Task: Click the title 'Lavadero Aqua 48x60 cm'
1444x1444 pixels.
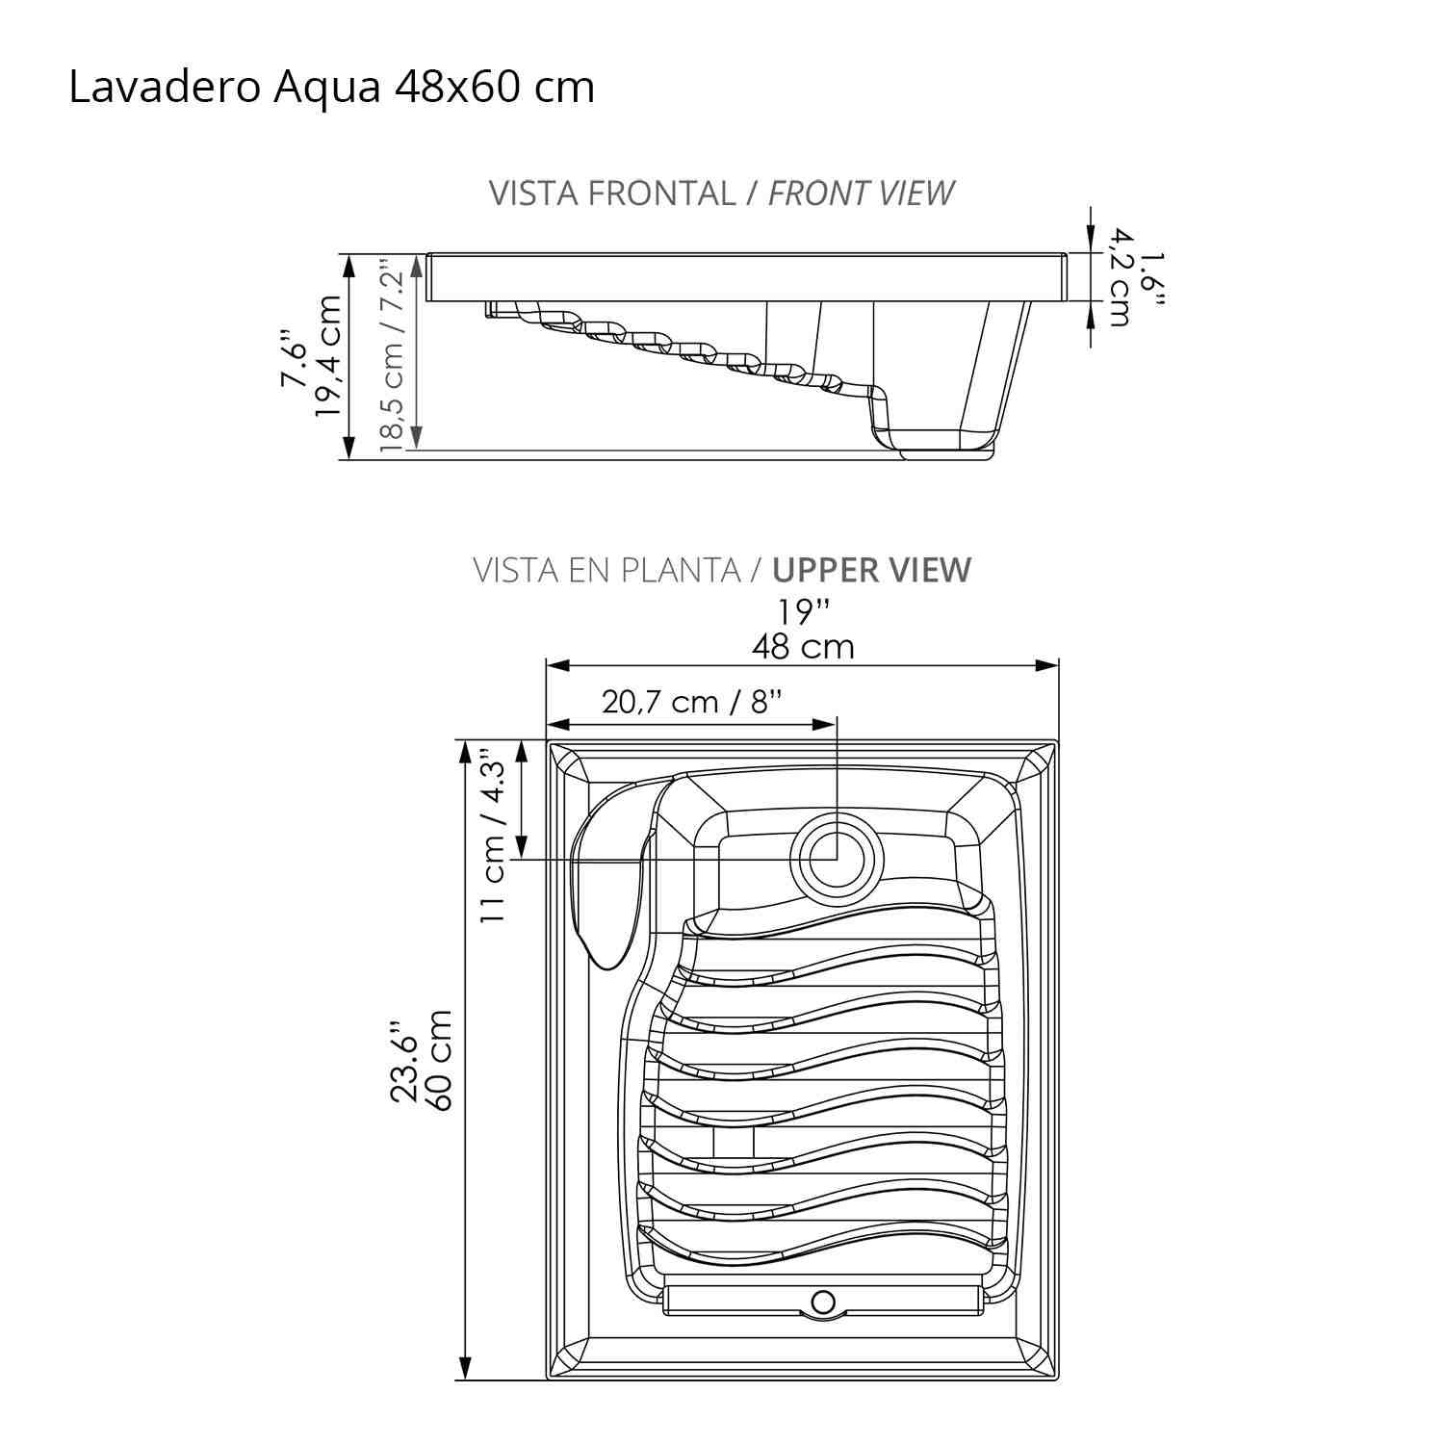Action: tap(331, 88)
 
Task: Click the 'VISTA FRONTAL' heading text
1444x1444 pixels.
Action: tap(611, 193)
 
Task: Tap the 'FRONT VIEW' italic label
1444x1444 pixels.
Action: tap(861, 193)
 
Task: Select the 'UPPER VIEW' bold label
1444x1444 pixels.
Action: tap(871, 570)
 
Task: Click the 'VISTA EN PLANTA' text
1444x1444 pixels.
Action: tap(606, 570)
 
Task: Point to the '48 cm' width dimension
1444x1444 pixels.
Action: tap(803, 646)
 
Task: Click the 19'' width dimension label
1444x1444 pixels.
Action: tap(803, 611)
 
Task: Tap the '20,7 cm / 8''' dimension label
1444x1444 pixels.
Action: tap(692, 702)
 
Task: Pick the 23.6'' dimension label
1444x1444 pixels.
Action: tap(404, 1060)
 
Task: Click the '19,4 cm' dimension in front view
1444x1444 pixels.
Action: tap(328, 355)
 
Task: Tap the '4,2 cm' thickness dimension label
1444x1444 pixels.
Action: tap(1119, 277)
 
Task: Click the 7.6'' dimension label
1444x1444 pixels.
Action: tap(293, 358)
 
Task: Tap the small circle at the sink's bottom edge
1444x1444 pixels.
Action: tap(823, 1302)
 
